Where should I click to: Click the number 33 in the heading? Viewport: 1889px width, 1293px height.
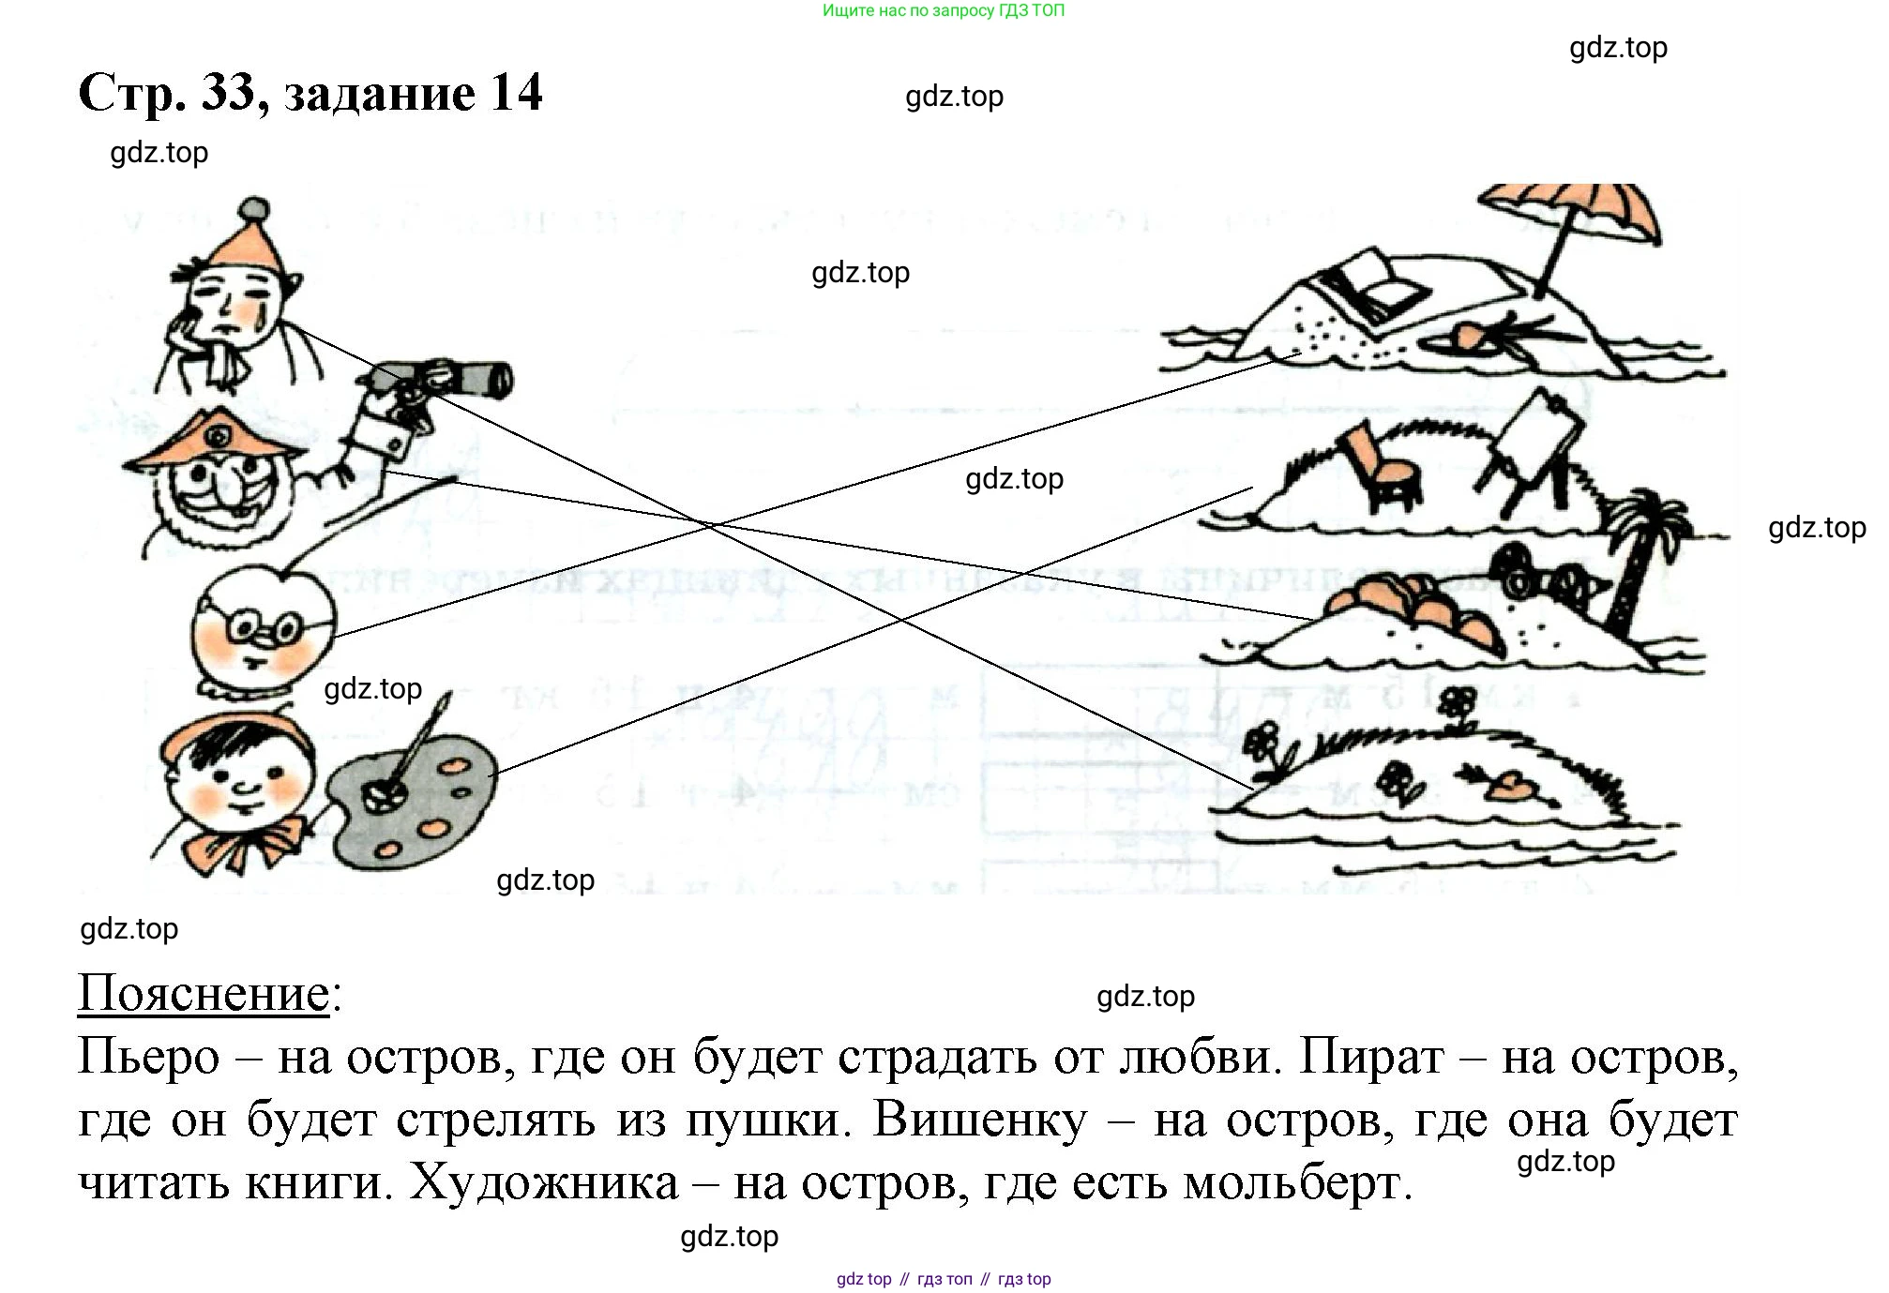tap(228, 93)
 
